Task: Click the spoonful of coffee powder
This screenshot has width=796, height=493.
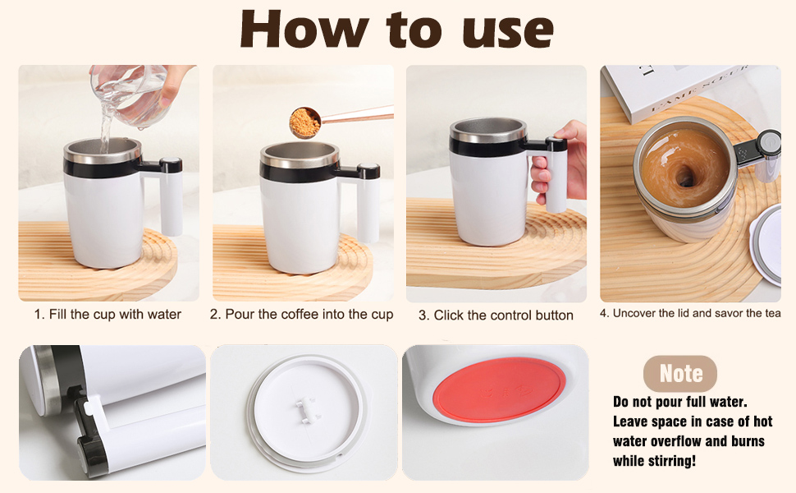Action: [304, 122]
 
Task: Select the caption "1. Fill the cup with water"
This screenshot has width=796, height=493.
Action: [108, 315]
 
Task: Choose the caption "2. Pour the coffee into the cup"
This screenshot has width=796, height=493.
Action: [301, 315]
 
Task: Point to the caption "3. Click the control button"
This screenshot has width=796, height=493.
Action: [496, 316]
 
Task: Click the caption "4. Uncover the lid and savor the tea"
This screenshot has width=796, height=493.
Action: [689, 313]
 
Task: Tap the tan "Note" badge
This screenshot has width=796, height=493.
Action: [680, 374]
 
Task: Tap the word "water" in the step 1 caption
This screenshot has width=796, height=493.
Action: [164, 315]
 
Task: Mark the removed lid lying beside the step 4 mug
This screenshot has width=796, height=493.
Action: [768, 242]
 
